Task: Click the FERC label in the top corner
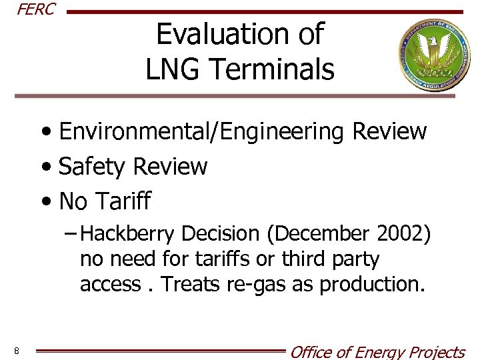click(x=35, y=9)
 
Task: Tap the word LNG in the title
click(x=174, y=69)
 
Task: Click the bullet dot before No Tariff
click(x=49, y=201)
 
